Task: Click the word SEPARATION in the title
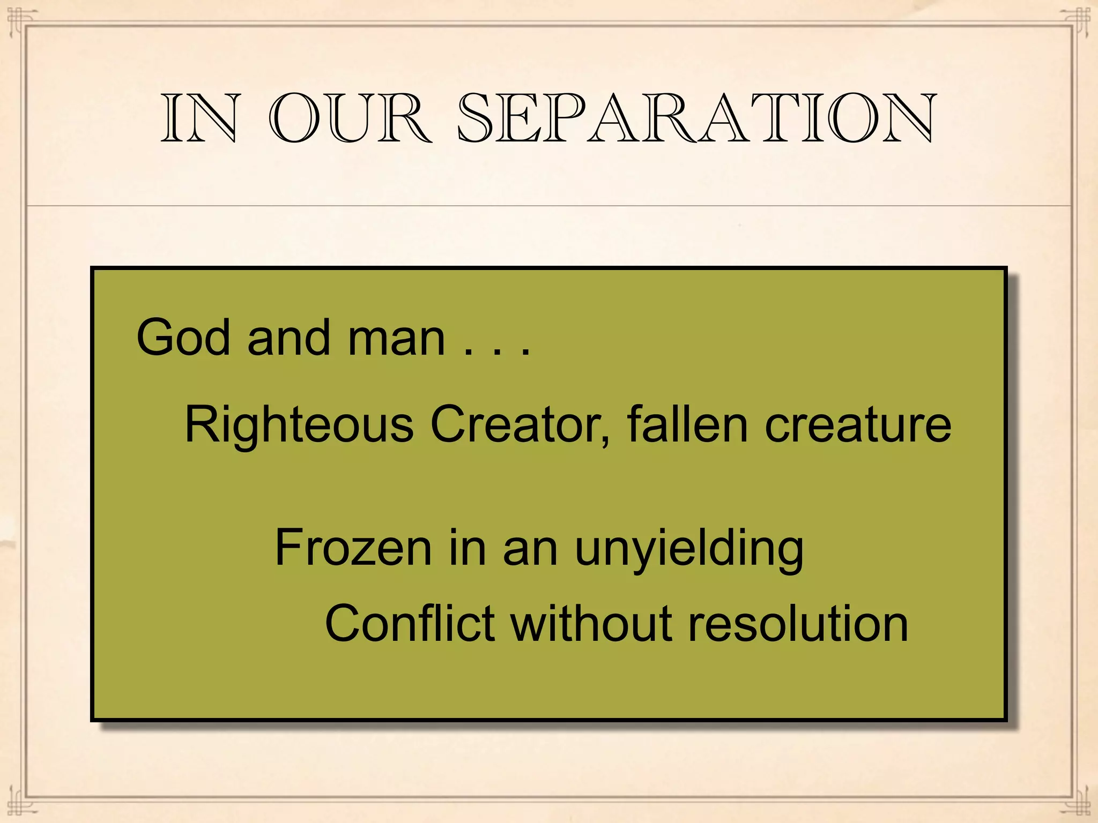(696, 119)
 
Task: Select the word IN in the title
(199, 119)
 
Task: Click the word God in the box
(183, 338)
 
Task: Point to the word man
(396, 338)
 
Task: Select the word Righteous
(299, 425)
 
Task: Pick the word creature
(858, 425)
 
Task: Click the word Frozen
(353, 548)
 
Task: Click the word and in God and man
(288, 338)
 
